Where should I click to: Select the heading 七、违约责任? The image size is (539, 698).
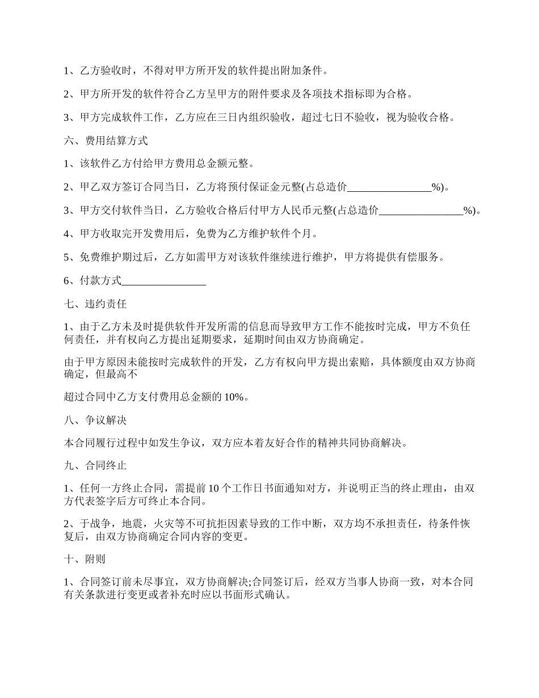click(95, 304)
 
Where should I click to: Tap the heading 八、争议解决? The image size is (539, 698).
click(95, 421)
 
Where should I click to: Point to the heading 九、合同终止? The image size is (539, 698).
click(95, 466)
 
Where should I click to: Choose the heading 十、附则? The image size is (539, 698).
click(85, 559)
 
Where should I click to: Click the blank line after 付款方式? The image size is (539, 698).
click(164, 280)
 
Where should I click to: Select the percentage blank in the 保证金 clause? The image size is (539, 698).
click(389, 187)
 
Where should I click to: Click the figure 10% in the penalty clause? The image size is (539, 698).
click(236, 397)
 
